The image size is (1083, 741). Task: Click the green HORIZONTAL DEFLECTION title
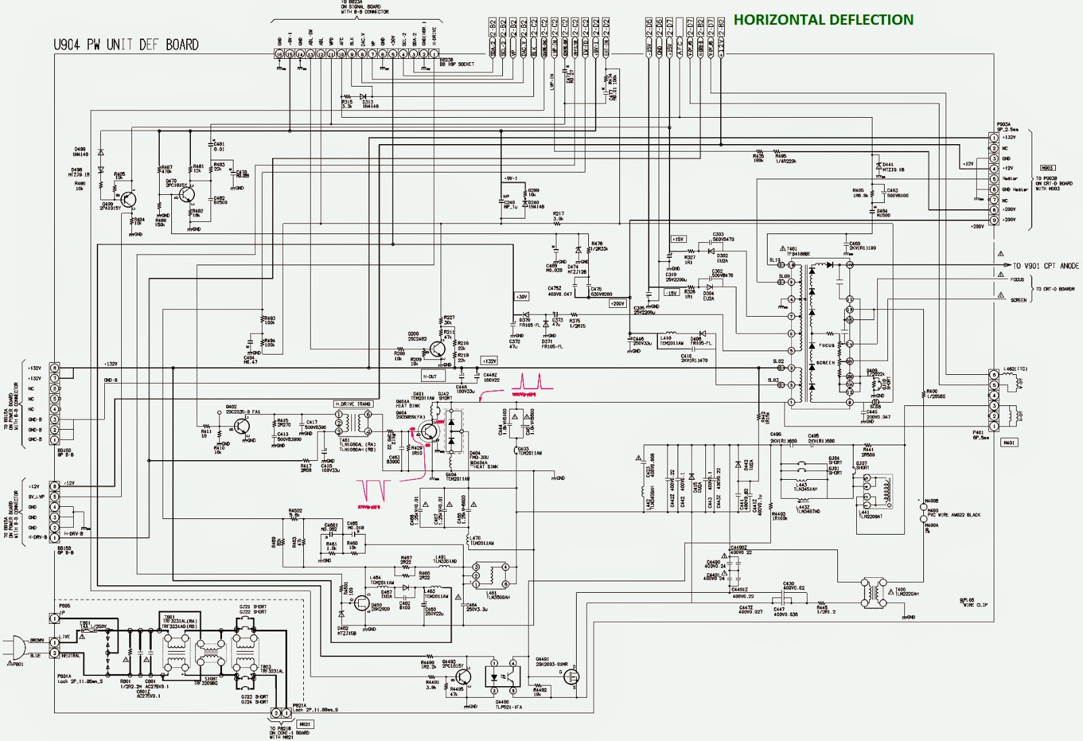pyautogui.click(x=823, y=20)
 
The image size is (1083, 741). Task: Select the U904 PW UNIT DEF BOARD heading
pyautogui.click(x=126, y=45)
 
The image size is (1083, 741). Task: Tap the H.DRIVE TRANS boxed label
pyautogui.click(x=353, y=404)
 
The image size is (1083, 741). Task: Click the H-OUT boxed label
pyautogui.click(x=430, y=376)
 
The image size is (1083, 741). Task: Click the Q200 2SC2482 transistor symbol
pyautogui.click(x=437, y=350)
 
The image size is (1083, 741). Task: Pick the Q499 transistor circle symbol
pyautogui.click(x=127, y=199)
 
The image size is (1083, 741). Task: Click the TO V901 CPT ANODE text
pyautogui.click(x=1046, y=266)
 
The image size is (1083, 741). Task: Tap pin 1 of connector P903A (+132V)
pyautogui.click(x=994, y=138)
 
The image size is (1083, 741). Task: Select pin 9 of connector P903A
pyautogui.click(x=994, y=221)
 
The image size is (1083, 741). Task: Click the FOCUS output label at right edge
pyautogui.click(x=1017, y=279)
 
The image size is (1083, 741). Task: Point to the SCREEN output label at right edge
pyautogui.click(x=1019, y=300)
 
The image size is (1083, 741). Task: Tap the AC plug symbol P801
pyautogui.click(x=15, y=648)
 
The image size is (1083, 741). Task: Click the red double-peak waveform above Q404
pyautogui.click(x=532, y=382)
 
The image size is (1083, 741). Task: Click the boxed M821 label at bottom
pyautogui.click(x=305, y=724)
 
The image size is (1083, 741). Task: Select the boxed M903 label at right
pyautogui.click(x=1047, y=168)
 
